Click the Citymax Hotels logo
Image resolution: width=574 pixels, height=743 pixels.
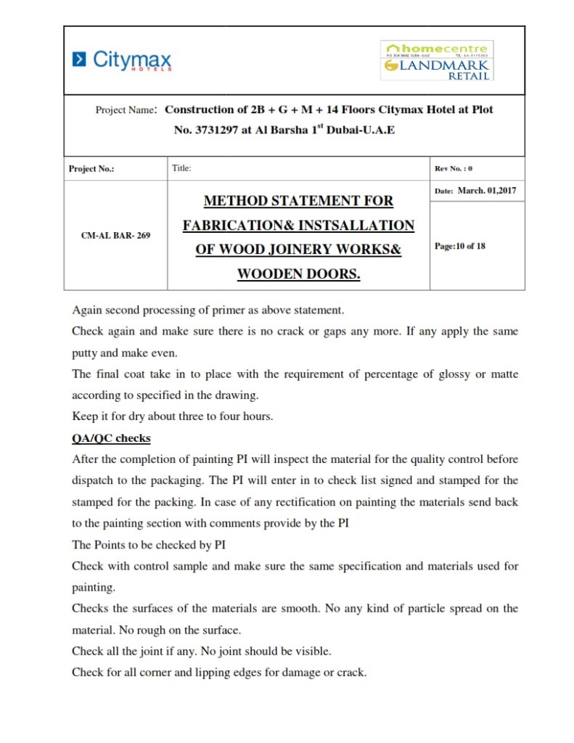[123, 59]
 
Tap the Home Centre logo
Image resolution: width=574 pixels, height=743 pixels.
[437, 49]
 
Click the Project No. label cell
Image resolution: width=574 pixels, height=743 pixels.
[91, 169]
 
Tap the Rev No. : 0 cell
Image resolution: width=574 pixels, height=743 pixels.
[454, 169]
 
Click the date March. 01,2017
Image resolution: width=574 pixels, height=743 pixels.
[487, 191]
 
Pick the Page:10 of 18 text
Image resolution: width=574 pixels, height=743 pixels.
[460, 246]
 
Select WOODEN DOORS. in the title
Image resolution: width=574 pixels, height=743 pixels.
[298, 274]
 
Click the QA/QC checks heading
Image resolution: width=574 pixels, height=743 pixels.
[111, 439]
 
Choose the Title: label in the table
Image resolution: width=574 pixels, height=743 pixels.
[181, 168]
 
